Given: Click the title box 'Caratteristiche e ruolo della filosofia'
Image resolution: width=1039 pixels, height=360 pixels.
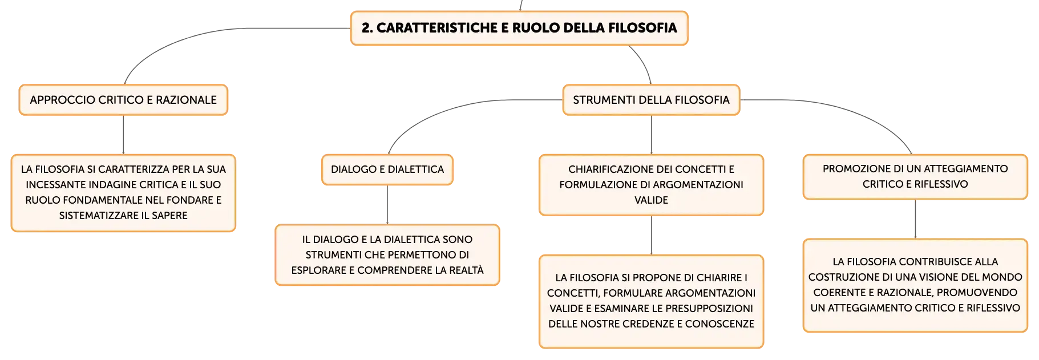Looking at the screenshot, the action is point(519,28).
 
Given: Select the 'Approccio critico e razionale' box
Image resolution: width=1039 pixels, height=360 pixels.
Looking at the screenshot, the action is point(123,100).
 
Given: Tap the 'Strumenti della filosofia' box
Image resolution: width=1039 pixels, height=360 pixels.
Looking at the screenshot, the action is point(651,100).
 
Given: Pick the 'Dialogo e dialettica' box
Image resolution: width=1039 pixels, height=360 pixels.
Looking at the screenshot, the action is point(387,169).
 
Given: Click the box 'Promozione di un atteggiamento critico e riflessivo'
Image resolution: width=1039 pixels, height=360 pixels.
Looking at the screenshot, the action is point(915,177).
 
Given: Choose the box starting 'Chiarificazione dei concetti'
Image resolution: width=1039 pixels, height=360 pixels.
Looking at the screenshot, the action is point(651,185).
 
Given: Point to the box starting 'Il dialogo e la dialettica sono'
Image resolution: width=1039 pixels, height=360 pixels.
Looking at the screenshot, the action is point(387,255).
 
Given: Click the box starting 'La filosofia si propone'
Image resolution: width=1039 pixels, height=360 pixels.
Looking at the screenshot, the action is point(651,301).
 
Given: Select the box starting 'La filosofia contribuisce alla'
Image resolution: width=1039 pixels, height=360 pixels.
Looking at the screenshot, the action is point(915,285).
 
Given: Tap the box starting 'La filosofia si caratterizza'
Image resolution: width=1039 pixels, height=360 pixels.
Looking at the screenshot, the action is point(123,193).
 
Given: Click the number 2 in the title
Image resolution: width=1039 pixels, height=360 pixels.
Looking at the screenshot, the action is point(366,28).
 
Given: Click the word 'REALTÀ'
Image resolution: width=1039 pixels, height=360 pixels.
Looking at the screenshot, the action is point(465,270).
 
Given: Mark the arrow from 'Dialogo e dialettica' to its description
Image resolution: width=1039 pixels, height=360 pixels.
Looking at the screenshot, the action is point(387,205).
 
